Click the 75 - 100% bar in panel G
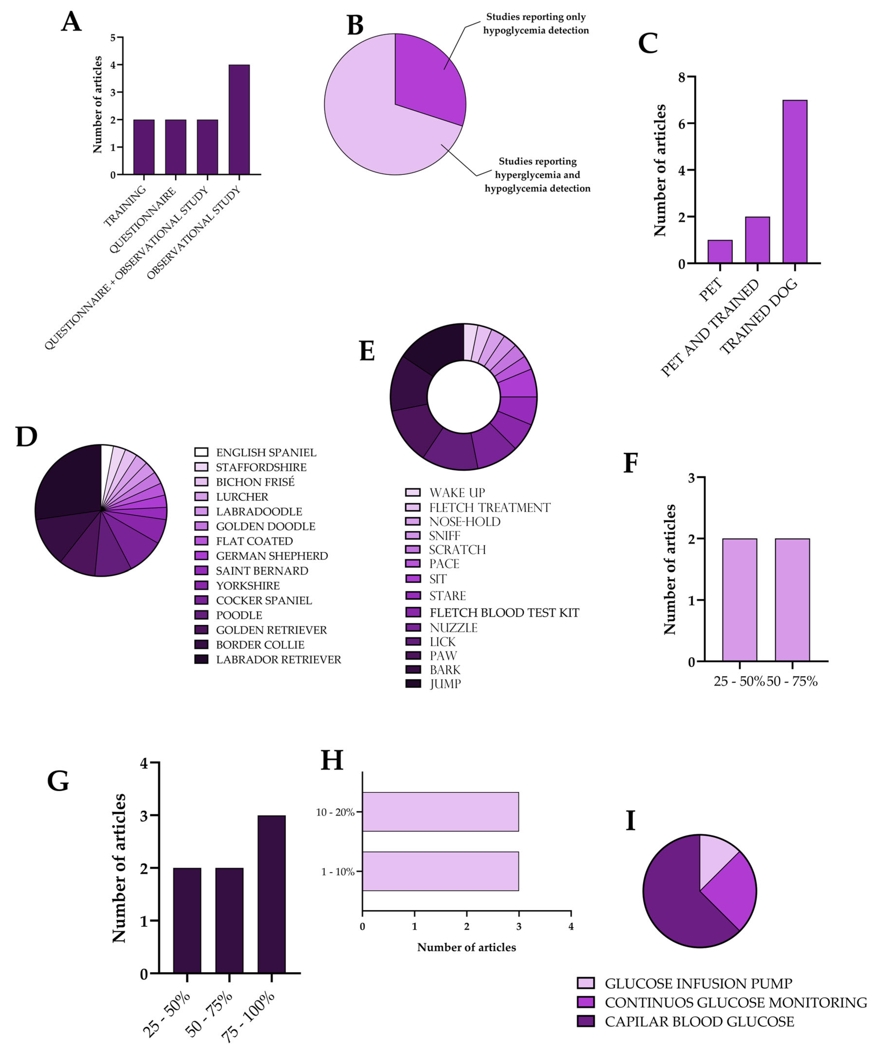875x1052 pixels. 271,894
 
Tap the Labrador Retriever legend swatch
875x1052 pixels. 201,659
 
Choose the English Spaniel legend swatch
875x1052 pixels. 201,452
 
